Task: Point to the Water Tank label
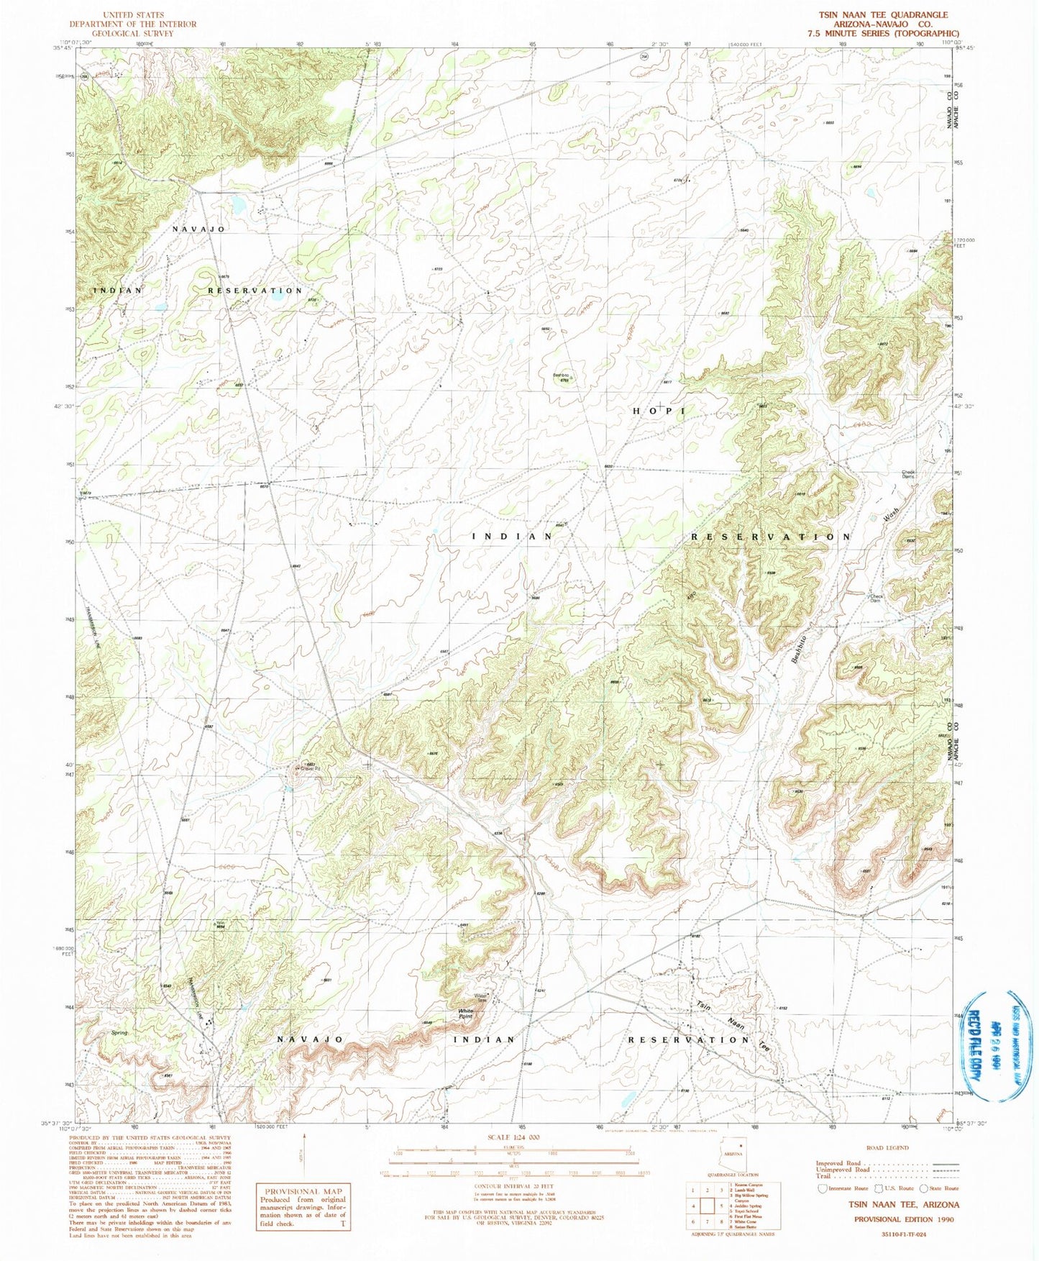coord(480,998)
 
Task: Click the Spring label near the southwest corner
coord(119,1033)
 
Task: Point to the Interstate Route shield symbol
coord(822,1188)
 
